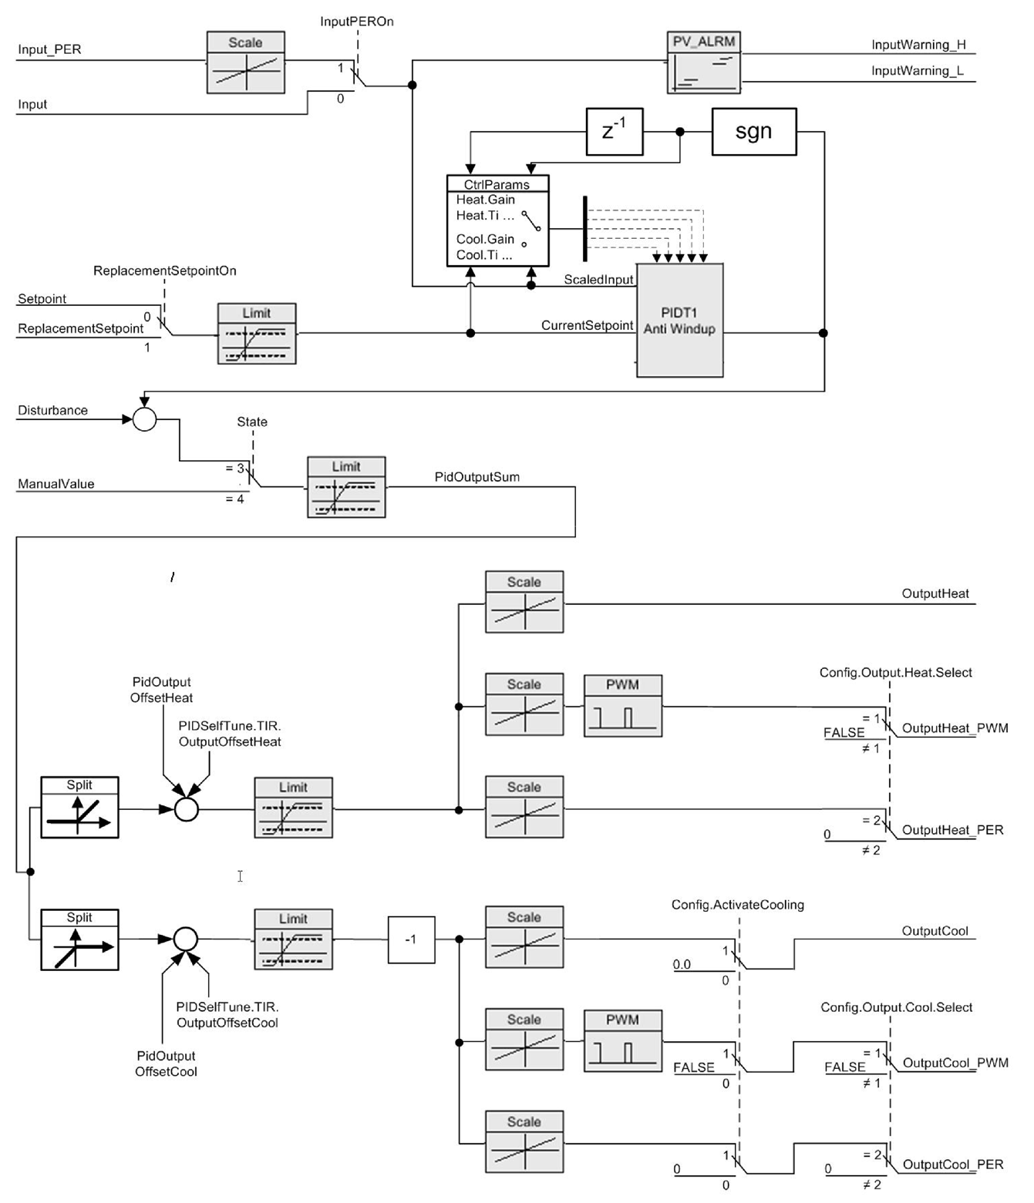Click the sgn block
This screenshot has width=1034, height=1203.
(753, 132)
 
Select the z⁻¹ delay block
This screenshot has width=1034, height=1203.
(614, 132)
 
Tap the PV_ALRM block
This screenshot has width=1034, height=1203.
(703, 63)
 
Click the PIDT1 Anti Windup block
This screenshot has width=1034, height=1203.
(679, 321)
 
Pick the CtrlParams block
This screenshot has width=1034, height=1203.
(497, 221)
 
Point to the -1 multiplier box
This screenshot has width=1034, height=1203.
(411, 939)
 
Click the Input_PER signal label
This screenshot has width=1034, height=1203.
(49, 50)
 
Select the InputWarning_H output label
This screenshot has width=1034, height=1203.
(918, 45)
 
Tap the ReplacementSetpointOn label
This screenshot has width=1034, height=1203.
(165, 271)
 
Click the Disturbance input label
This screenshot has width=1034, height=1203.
(52, 411)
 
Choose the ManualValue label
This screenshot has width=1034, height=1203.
(56, 484)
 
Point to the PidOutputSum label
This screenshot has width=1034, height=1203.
(477, 477)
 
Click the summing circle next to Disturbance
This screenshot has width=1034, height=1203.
(145, 419)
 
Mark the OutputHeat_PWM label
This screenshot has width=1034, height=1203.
(955, 728)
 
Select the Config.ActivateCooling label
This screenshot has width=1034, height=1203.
(737, 905)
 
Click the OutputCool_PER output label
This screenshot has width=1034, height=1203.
(953, 1164)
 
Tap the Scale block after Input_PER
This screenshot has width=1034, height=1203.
(245, 62)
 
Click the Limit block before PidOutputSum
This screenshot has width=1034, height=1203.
(346, 487)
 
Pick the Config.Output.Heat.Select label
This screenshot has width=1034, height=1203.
(895, 673)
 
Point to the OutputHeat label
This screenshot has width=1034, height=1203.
(935, 594)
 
